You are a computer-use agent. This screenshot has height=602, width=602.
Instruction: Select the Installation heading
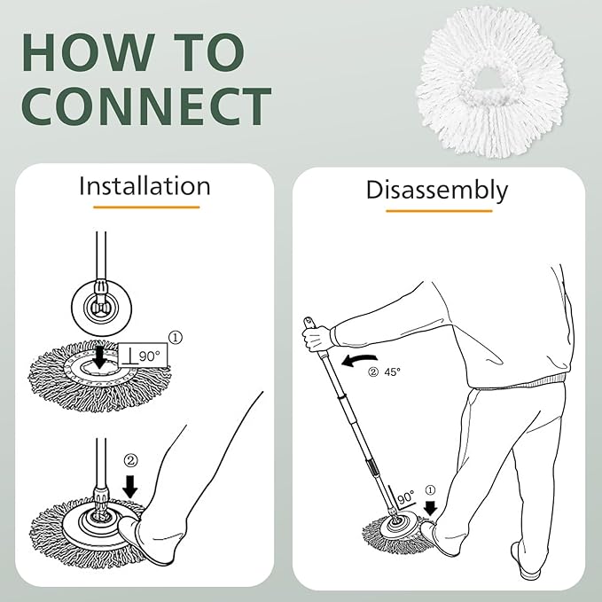tap(145, 186)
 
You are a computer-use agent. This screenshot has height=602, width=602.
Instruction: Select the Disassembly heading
tap(437, 190)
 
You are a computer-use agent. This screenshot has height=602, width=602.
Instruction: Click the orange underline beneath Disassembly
tap(438, 210)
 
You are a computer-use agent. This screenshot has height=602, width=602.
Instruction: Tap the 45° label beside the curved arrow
tap(392, 371)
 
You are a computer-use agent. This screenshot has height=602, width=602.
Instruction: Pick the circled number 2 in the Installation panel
tap(132, 460)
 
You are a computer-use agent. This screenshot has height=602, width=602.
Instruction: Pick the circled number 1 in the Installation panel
tap(175, 337)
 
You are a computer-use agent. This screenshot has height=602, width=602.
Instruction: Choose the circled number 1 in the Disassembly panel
tap(432, 489)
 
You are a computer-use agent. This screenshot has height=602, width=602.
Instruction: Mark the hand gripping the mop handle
tap(317, 338)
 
